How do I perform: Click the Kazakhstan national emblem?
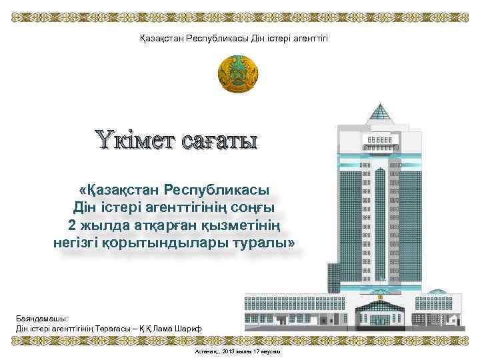(238, 75)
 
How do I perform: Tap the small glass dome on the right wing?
(437, 292)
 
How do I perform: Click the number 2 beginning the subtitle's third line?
(73, 225)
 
